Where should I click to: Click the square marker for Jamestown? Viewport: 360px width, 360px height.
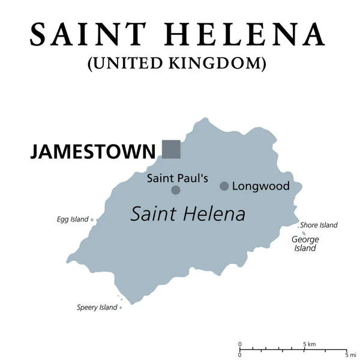point(171,149)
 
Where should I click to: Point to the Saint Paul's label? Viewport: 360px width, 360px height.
point(178,178)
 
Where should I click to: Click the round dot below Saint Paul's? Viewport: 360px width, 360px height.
point(176,190)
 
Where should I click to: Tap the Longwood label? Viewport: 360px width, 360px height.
point(261,186)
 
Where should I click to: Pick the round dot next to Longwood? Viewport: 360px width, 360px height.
point(224,186)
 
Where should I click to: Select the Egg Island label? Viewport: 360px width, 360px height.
point(73,220)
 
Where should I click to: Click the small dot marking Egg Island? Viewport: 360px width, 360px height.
point(92,220)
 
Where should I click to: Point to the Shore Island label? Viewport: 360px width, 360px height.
point(319,225)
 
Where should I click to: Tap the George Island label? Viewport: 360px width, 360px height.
point(305,244)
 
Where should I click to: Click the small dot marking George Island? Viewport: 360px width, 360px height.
point(304,233)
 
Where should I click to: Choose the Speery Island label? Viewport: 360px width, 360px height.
point(97,308)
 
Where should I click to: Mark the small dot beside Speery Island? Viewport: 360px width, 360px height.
point(121,308)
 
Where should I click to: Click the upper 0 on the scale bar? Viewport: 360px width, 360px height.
point(240,344)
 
